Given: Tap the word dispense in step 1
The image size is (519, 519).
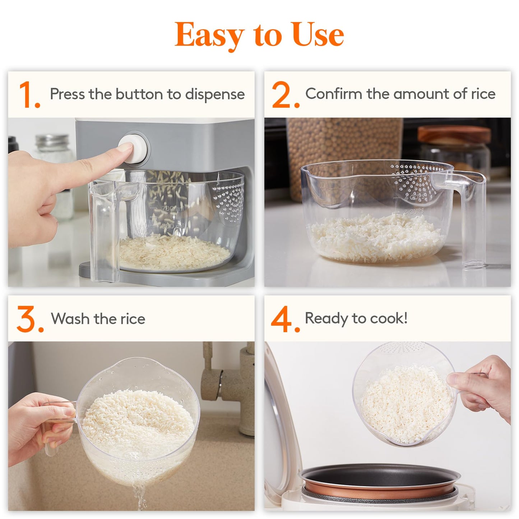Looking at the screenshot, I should pyautogui.click(x=214, y=94).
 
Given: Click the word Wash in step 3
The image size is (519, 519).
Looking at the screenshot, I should pyautogui.click(x=70, y=319).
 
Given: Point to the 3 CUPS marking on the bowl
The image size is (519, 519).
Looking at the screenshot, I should pyautogui.click(x=413, y=212).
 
